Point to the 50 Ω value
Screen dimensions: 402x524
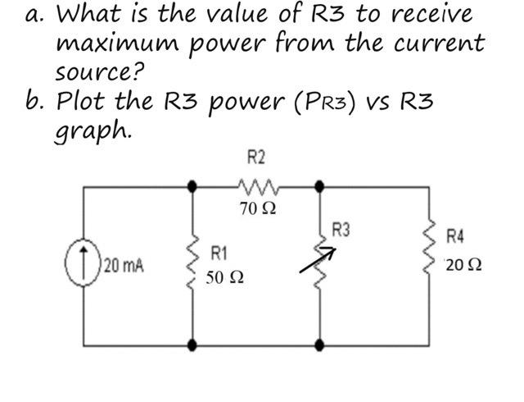(224, 278)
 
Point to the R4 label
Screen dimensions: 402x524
(455, 238)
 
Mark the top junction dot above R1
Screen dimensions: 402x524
(193, 186)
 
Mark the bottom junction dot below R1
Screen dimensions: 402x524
(193, 345)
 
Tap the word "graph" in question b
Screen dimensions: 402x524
(90, 130)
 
